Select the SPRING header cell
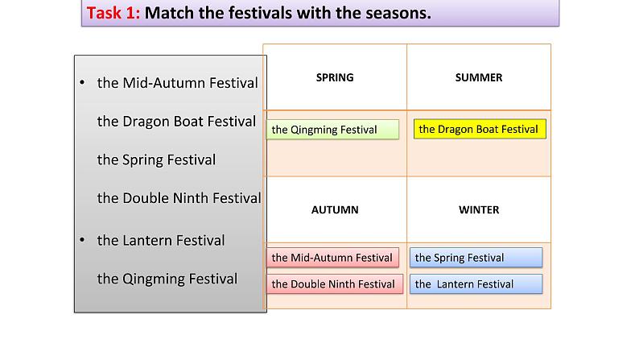pyautogui.click(x=334, y=77)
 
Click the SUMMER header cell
pyautogui.click(x=478, y=77)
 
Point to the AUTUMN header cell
pyautogui.click(x=334, y=209)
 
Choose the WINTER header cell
pyautogui.click(x=478, y=209)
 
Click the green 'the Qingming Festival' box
pyautogui.click(x=332, y=130)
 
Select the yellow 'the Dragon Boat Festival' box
pyautogui.click(x=479, y=129)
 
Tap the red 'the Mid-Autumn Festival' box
pyautogui.click(x=332, y=258)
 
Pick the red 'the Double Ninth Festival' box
pyautogui.click(x=333, y=283)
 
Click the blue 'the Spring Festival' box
pyautogui.click(x=475, y=258)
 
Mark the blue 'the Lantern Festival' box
pyautogui.click(x=475, y=283)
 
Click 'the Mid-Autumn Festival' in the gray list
pyautogui.click(x=177, y=83)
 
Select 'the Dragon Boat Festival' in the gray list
pyautogui.click(x=176, y=122)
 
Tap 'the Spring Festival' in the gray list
pyautogui.click(x=156, y=159)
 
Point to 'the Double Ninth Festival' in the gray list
pyautogui.click(x=179, y=198)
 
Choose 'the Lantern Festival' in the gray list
pyautogui.click(x=161, y=240)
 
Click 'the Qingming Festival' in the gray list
pyautogui.click(x=167, y=279)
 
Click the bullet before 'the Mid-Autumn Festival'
pyautogui.click(x=82, y=83)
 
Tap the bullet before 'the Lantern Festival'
pyautogui.click(x=82, y=240)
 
